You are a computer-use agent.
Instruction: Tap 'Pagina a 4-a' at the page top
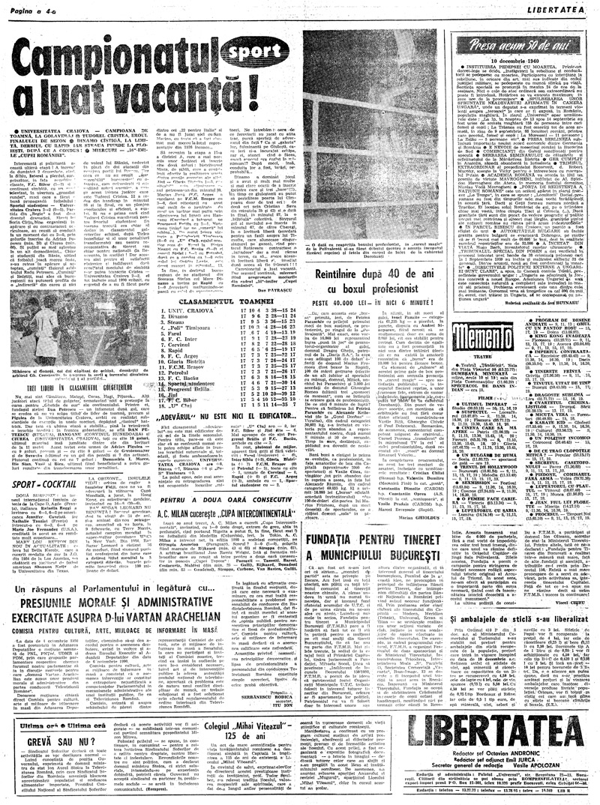pyautogui.click(x=31, y=7)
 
